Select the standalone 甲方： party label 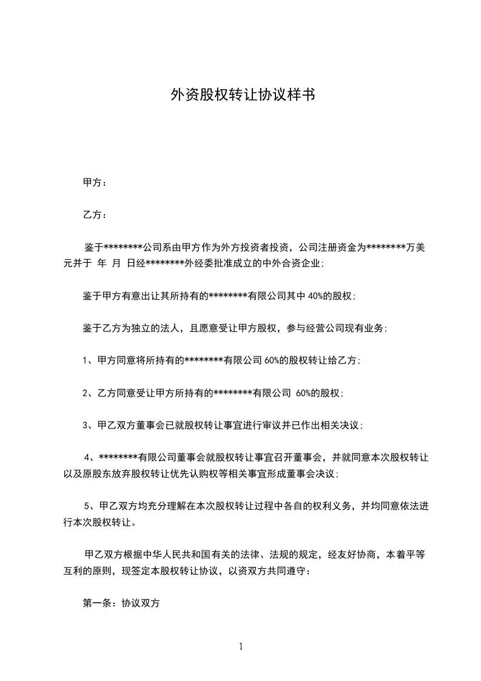pos(95,182)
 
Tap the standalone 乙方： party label pos(95,215)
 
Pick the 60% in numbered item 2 pos(304,393)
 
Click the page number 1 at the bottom pos(241,646)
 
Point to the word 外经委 pos(211,263)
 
